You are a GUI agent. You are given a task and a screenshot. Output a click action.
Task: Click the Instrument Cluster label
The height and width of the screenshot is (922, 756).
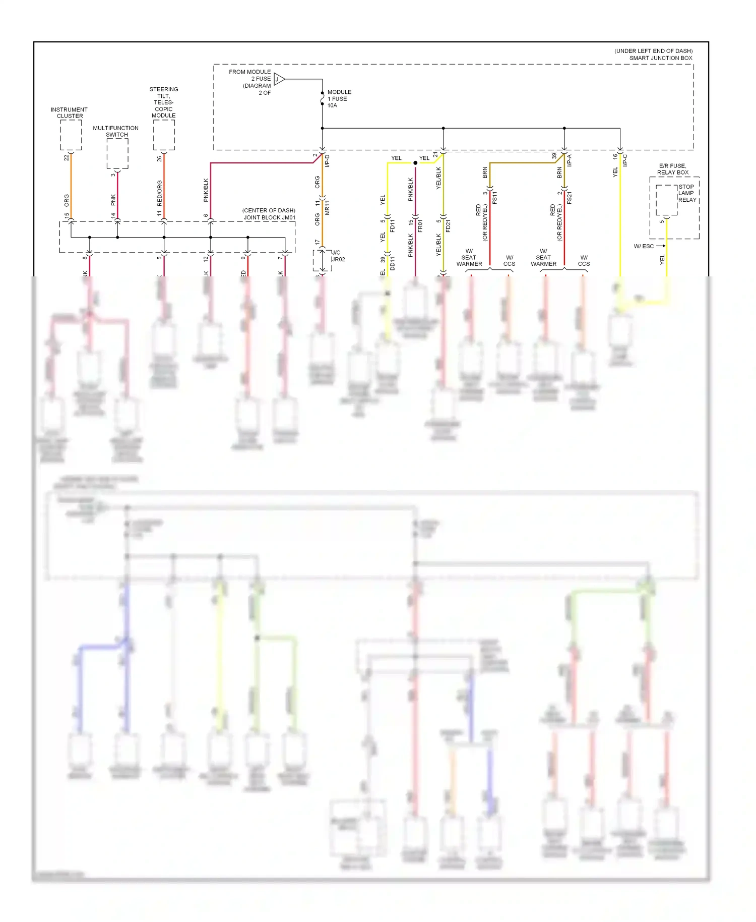pos(69,112)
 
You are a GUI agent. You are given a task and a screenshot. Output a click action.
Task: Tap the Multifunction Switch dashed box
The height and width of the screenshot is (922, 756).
pos(117,153)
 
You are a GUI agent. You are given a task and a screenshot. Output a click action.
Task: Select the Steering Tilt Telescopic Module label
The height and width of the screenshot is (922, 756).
pos(164,102)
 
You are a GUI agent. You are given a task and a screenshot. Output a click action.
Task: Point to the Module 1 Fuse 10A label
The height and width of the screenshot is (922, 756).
pos(339,99)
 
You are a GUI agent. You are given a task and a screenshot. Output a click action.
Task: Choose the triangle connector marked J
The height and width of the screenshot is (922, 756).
pos(279,79)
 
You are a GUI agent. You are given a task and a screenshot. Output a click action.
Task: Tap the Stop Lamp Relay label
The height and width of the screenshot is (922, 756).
pos(686,193)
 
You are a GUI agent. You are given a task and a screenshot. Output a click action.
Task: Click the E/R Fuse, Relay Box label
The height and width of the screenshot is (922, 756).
pos(672,169)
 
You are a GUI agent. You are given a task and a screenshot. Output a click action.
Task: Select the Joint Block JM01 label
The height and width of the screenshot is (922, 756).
pos(269,214)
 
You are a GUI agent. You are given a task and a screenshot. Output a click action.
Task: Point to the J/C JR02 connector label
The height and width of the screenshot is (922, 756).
pos(338,256)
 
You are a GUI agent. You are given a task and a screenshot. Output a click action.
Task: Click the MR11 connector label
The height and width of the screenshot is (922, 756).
pos(327,207)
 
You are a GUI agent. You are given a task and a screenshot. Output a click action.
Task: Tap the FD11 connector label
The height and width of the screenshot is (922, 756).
pos(392,225)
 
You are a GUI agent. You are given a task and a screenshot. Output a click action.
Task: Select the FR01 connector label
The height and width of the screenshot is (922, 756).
pos(420,225)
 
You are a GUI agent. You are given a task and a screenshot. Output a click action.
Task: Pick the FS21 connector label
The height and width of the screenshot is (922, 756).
pos(569,197)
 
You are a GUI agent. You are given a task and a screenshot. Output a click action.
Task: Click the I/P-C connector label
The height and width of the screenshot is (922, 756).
pos(625,160)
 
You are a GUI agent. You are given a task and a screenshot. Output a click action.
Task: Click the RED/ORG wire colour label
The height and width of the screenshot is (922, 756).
pos(160,193)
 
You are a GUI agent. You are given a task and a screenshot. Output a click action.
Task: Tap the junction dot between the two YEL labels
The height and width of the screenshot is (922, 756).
pos(415,163)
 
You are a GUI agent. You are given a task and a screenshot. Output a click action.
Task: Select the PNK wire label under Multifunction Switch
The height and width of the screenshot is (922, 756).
pos(113,200)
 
